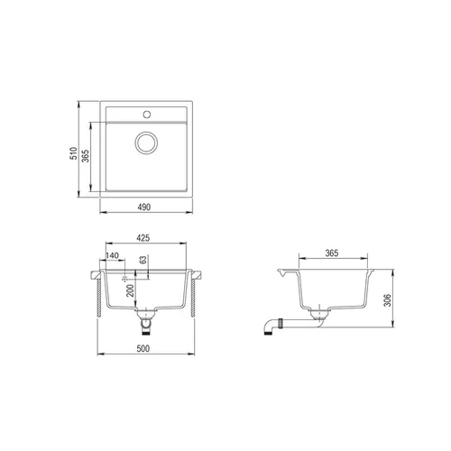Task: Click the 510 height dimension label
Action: coord(74,153)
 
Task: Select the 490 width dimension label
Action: coord(144,207)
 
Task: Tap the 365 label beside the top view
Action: coord(86,156)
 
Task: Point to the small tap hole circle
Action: coord(147,115)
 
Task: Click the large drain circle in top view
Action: coord(146,143)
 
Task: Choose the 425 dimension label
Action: coord(143,238)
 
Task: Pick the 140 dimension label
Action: coord(112,255)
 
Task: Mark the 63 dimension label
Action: coord(143,260)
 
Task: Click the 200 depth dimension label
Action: coord(130,290)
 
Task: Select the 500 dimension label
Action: coord(143,349)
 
